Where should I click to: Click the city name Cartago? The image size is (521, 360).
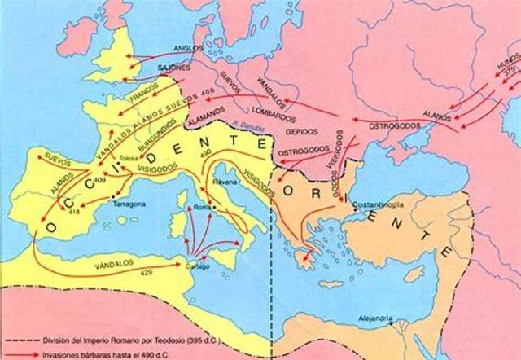(197, 265)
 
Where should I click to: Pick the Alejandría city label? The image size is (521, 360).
(377, 318)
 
